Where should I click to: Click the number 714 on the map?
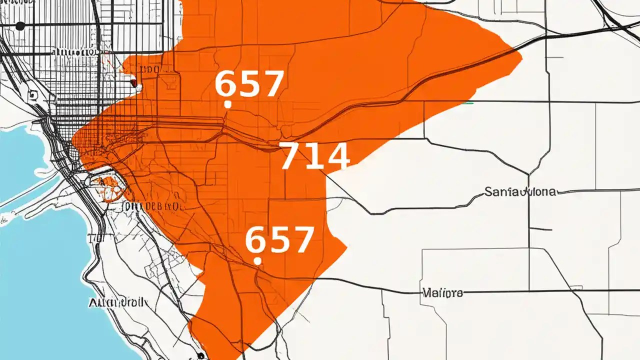(314, 156)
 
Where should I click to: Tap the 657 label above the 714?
(249, 83)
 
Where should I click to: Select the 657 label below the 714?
(279, 239)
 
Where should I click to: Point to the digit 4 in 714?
(336, 156)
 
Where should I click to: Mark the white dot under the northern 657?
(227, 104)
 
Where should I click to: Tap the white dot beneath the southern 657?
(257, 260)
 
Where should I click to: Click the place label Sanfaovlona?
(520, 191)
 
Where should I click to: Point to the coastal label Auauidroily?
(118, 302)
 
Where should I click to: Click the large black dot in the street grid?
(20, 26)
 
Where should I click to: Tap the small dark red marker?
(133, 83)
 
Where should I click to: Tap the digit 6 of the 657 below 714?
(254, 240)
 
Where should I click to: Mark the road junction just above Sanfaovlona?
(529, 174)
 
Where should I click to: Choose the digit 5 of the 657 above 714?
(249, 84)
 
